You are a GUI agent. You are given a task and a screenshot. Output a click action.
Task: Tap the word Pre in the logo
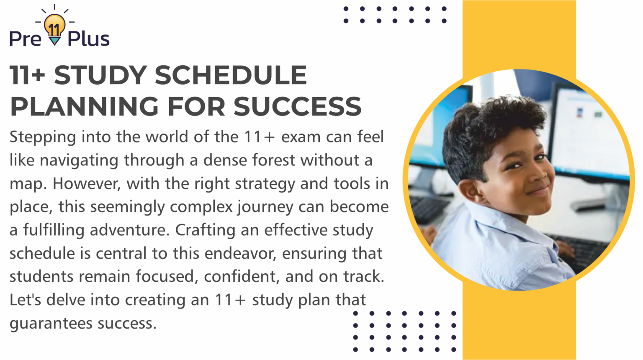point(25,39)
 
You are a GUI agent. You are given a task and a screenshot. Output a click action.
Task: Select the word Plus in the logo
point(88,39)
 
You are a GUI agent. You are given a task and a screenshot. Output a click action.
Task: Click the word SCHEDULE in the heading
point(231,75)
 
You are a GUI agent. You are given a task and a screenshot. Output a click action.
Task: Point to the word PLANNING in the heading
point(84,106)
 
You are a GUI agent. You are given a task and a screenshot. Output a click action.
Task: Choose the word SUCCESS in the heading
point(297,106)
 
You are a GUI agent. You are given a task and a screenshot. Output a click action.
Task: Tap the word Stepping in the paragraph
point(43,137)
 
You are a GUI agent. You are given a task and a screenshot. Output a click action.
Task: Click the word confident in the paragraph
point(242,276)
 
